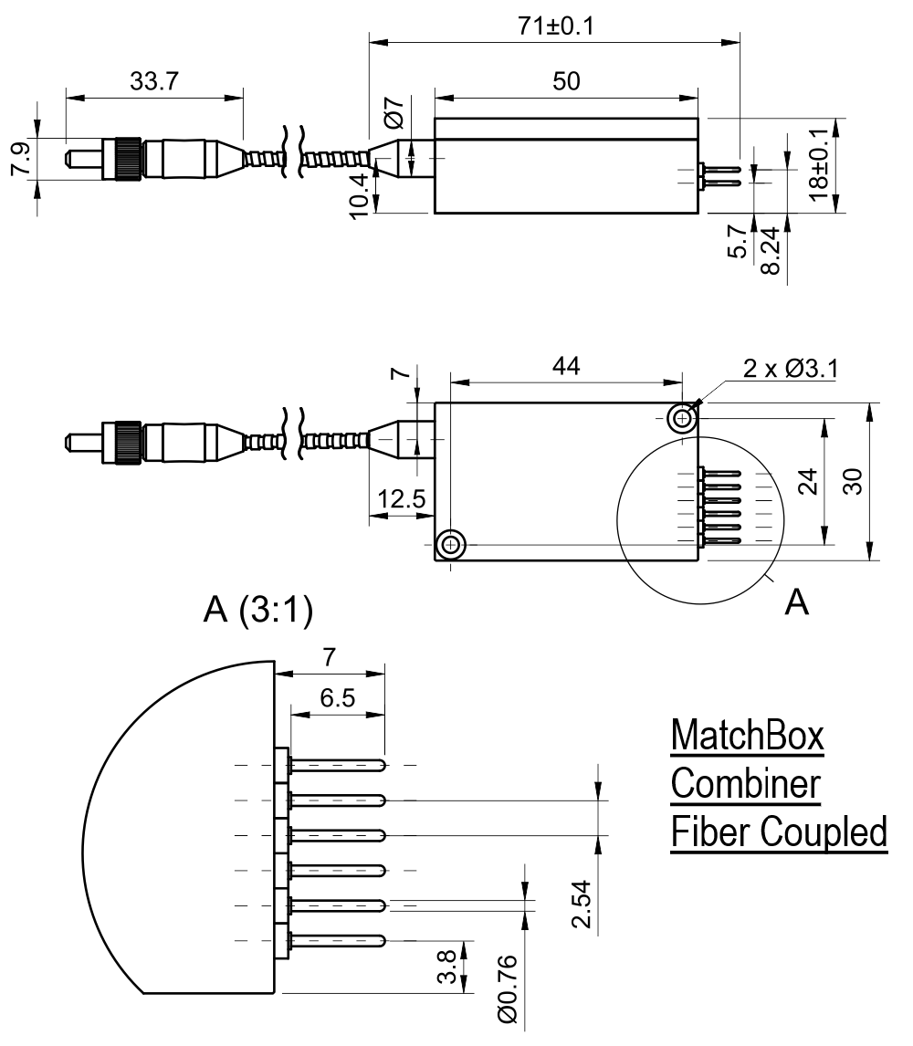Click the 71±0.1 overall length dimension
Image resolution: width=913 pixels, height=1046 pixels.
[x=556, y=26]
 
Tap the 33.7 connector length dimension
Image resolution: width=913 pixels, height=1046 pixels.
[x=154, y=83]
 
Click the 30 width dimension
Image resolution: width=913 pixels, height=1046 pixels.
[x=852, y=481]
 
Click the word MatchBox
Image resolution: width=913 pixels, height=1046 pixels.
[x=748, y=737]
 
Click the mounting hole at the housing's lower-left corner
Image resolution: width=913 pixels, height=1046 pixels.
[x=449, y=546]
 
